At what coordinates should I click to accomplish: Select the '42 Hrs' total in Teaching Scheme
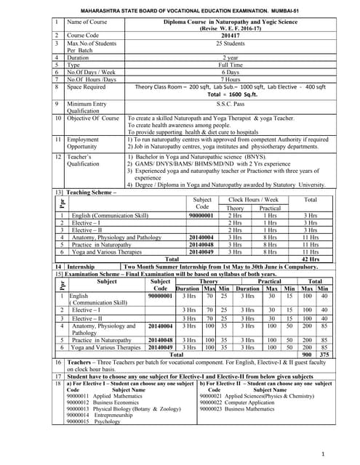click(x=310, y=258)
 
